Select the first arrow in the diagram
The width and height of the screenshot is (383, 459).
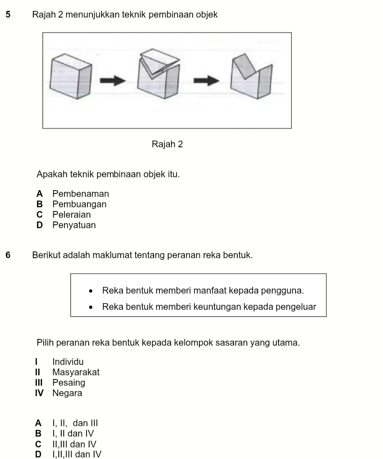[113, 80]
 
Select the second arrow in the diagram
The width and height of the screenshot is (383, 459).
[207, 80]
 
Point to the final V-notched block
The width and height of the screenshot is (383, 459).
[251, 76]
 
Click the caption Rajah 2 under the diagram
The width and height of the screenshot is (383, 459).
[167, 145]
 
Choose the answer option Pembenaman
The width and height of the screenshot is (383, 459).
[81, 194]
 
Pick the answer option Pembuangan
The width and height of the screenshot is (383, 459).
[80, 204]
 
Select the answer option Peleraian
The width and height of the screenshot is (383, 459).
[72, 215]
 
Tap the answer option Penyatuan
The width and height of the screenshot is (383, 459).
[74, 226]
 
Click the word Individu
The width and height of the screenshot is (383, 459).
[68, 361]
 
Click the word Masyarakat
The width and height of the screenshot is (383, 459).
[76, 372]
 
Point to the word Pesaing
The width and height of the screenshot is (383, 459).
[69, 383]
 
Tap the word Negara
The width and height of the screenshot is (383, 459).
[67, 393]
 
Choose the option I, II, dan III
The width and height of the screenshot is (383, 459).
[75, 423]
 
